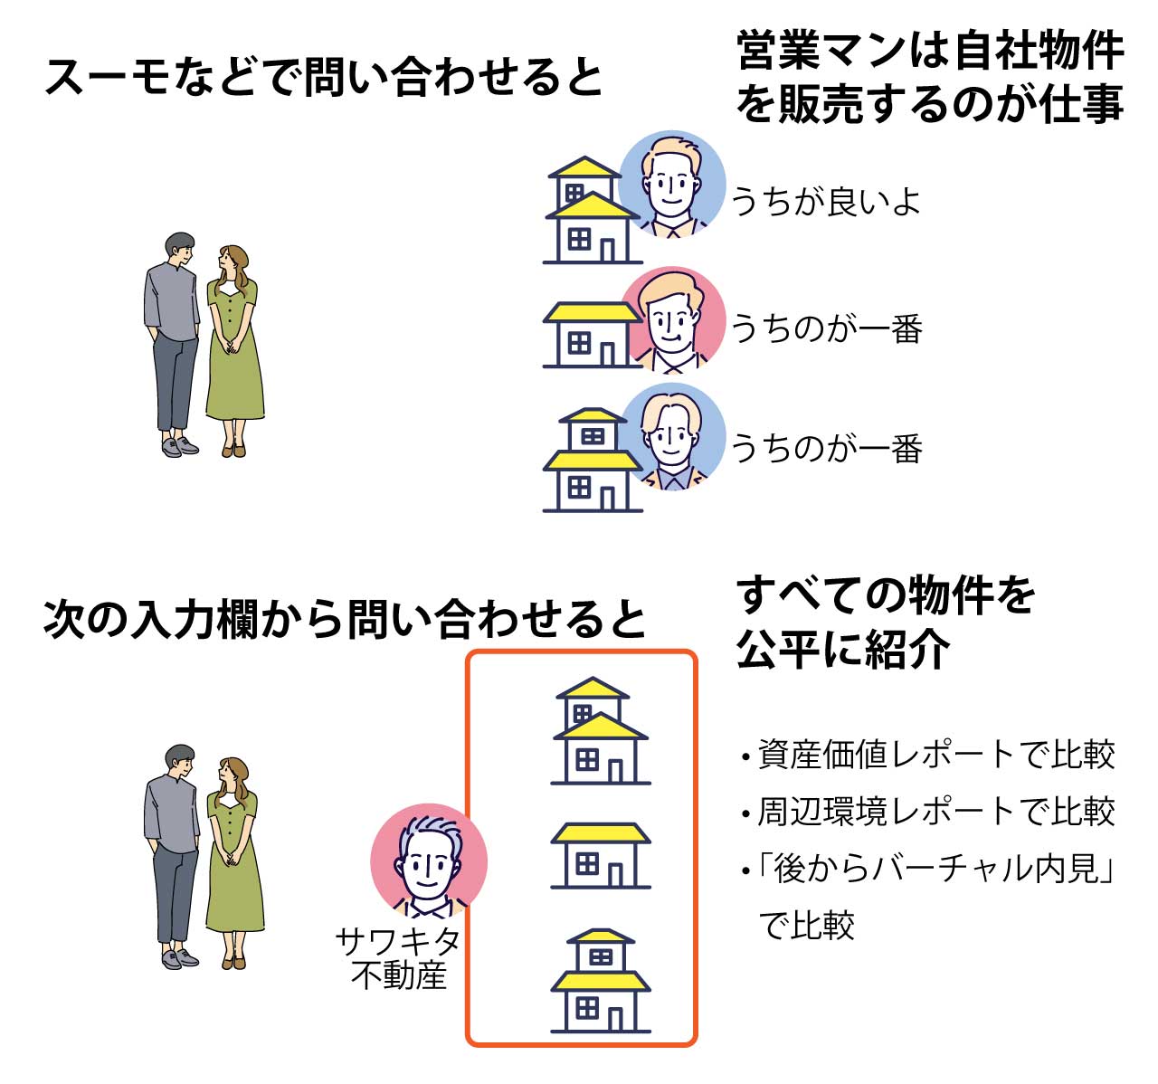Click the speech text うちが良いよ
pos(825,201)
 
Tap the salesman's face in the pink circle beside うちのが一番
pos(671,319)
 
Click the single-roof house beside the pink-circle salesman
pos(590,335)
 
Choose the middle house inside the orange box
pos(600,855)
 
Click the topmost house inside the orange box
pos(600,731)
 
